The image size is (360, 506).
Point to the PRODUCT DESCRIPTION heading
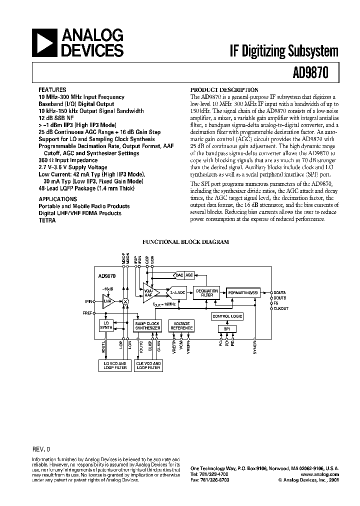click(x=224, y=90)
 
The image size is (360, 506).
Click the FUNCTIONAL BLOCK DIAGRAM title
click(x=185, y=241)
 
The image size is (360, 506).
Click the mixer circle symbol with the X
click(x=126, y=301)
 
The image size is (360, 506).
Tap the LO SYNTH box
click(x=105, y=325)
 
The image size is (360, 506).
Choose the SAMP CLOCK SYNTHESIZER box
click(x=147, y=325)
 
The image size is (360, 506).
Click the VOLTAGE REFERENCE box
click(x=181, y=325)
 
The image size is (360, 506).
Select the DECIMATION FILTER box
click(x=206, y=293)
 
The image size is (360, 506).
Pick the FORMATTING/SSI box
click(x=243, y=292)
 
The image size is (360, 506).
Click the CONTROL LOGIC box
click(x=227, y=316)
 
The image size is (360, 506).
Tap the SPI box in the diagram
click(x=227, y=328)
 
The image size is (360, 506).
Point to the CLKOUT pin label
click(x=281, y=309)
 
